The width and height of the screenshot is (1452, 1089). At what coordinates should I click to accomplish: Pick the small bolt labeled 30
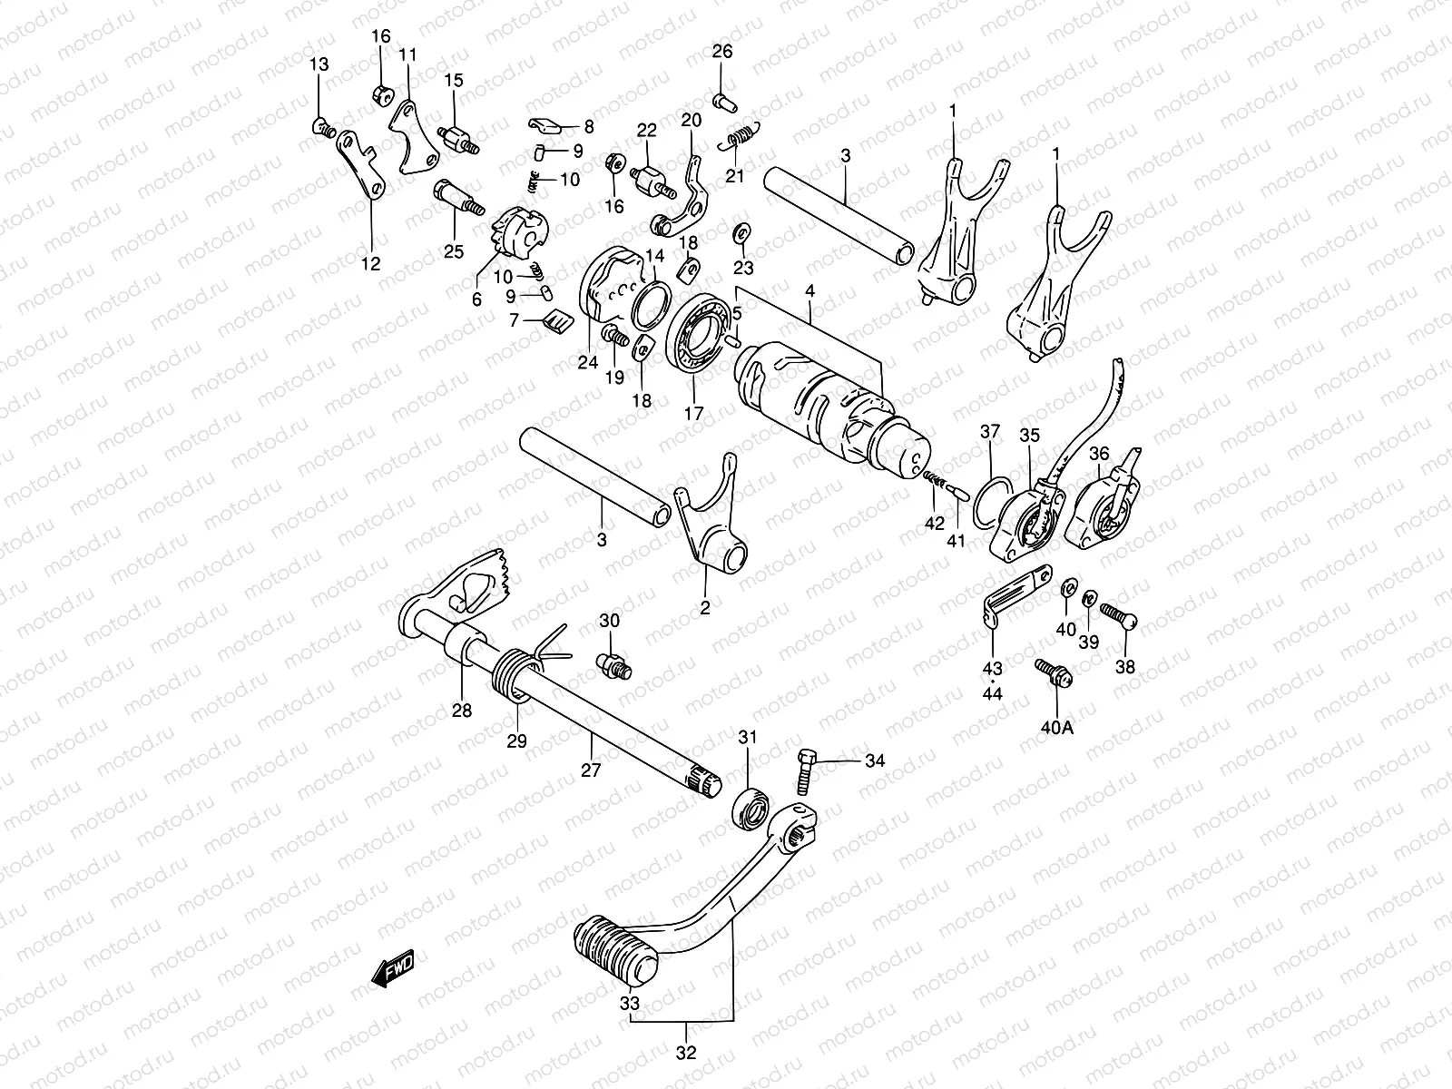point(613,665)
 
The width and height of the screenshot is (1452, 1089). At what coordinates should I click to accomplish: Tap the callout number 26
point(721,52)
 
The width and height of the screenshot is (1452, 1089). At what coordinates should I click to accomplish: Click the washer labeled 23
point(741,231)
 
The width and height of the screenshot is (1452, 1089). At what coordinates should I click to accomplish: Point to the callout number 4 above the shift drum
point(809,292)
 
